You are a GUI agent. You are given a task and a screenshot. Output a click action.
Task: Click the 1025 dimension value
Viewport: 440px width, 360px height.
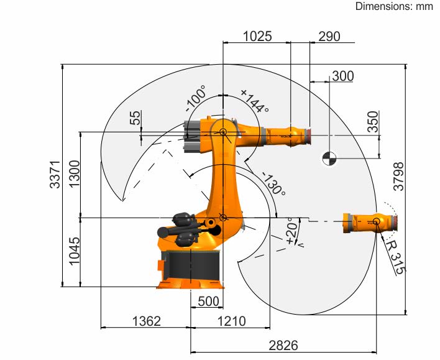[x=257, y=36]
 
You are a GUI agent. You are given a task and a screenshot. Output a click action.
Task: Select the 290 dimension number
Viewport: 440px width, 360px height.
[x=329, y=37]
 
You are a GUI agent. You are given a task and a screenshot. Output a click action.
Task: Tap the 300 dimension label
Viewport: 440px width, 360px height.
[x=343, y=76]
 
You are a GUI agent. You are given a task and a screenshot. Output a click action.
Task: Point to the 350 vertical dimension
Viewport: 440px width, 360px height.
[x=373, y=121]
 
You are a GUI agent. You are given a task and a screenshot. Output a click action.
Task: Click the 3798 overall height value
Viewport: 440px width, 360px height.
[x=398, y=177]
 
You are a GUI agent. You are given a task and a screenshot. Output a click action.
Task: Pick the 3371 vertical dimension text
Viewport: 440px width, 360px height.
[x=55, y=174]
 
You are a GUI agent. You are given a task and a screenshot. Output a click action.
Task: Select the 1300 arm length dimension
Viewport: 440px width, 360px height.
[x=75, y=174]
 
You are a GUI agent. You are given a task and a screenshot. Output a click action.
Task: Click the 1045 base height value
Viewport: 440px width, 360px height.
[x=75, y=251]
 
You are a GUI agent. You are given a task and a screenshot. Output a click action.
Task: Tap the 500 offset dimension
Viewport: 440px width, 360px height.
[x=208, y=302]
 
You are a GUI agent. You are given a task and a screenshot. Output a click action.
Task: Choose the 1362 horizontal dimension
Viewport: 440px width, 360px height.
[x=147, y=321]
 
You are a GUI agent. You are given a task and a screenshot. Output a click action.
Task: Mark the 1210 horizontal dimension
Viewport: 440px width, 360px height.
[x=232, y=321]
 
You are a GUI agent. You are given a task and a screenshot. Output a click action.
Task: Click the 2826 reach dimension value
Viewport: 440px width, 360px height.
[x=283, y=346]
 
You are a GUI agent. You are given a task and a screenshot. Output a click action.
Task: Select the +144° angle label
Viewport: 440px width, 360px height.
[x=255, y=101]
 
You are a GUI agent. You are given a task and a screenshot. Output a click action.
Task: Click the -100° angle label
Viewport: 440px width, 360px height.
[x=196, y=99]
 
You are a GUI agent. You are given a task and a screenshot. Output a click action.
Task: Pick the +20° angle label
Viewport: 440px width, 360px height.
[x=292, y=230]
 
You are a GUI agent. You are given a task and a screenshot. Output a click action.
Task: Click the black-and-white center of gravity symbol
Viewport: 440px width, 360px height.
[x=329, y=159]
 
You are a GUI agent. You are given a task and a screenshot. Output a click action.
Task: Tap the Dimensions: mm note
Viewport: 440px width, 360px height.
[x=394, y=6]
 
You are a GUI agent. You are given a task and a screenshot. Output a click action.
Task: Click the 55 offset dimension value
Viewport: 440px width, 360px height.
[x=135, y=118]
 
